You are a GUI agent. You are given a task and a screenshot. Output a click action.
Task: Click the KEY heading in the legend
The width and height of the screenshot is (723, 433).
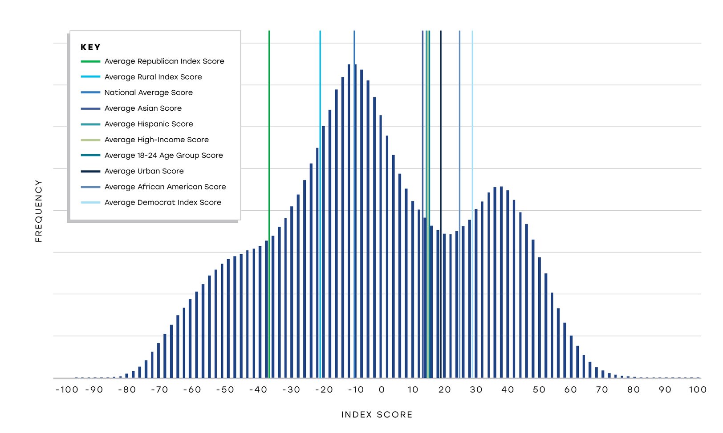(x=90, y=47)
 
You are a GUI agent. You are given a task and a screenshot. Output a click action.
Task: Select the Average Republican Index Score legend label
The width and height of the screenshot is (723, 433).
(x=164, y=61)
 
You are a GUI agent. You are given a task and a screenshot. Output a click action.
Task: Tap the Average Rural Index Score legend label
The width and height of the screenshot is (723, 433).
(x=153, y=77)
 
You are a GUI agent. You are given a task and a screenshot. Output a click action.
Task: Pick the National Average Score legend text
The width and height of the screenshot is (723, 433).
(x=148, y=92)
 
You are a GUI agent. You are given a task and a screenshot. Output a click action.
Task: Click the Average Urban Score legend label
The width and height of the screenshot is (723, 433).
(x=144, y=171)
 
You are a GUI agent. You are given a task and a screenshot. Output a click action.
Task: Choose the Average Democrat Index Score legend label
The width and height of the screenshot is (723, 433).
(x=162, y=203)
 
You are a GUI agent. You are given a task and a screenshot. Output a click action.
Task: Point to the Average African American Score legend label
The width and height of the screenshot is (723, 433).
(x=165, y=187)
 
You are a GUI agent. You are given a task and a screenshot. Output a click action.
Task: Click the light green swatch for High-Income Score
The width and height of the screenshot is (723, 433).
(x=90, y=140)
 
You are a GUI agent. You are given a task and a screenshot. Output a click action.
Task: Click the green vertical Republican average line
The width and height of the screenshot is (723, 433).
(x=269, y=133)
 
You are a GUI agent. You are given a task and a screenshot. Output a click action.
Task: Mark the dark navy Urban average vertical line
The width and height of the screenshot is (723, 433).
(x=441, y=133)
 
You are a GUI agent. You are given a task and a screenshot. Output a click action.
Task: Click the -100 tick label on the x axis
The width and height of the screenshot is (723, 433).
(x=67, y=390)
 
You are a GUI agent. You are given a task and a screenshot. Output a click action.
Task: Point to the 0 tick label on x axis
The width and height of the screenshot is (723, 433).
(x=382, y=390)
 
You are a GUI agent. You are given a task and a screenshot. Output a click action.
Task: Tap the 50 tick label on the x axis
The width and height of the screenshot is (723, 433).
(x=539, y=390)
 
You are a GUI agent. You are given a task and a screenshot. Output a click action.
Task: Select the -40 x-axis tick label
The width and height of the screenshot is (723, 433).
(x=258, y=390)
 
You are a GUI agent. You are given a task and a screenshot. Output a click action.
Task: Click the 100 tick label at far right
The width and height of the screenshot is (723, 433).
(x=697, y=390)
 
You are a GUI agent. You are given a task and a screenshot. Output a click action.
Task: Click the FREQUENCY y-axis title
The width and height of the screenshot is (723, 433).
(x=39, y=211)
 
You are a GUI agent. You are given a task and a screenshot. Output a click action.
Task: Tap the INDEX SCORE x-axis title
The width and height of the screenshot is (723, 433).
(x=377, y=415)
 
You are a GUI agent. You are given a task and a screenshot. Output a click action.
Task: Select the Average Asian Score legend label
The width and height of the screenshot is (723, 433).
(x=143, y=108)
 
